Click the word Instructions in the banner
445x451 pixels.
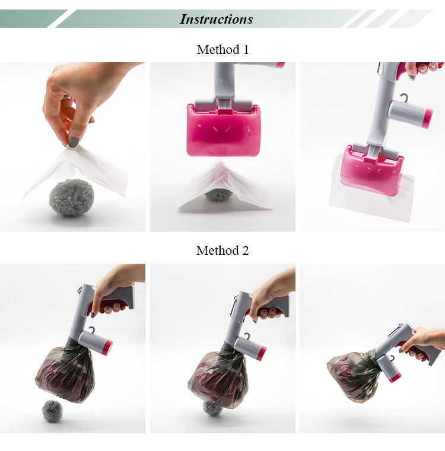click(217, 20)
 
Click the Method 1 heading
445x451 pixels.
click(223, 49)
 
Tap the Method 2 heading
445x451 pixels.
click(223, 250)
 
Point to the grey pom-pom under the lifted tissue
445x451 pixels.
click(72, 197)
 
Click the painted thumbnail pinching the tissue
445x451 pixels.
click(74, 142)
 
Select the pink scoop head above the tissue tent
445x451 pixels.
click(223, 129)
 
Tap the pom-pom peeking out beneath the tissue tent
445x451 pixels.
click(218, 195)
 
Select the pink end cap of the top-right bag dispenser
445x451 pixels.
click(427, 118)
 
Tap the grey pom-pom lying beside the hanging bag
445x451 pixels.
click(52, 411)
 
